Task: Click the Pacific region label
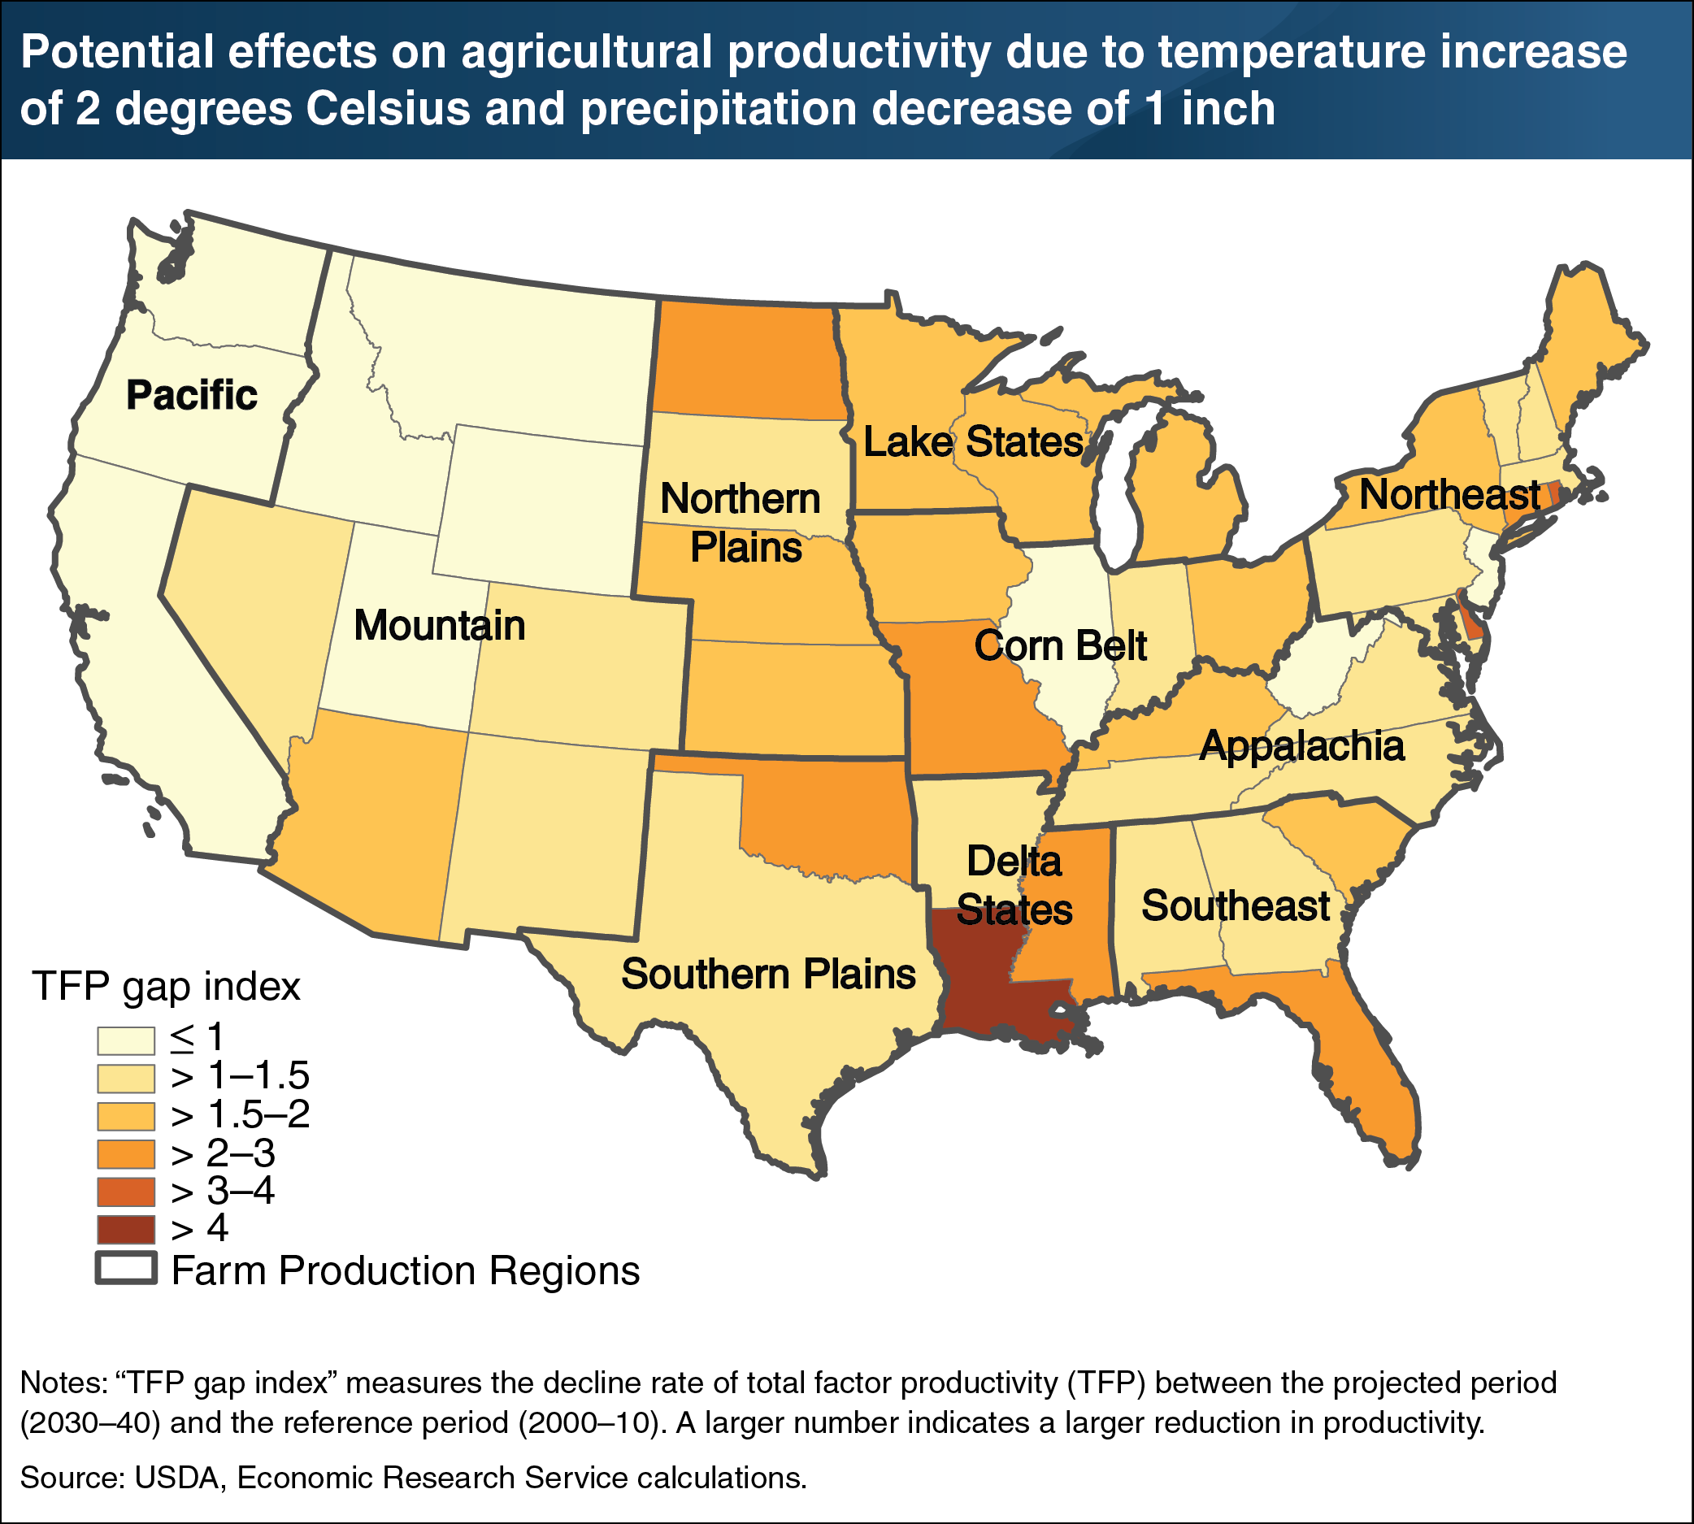click(x=192, y=395)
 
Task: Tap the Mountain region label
click(x=439, y=627)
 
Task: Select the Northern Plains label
click(x=742, y=523)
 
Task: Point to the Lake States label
click(x=973, y=442)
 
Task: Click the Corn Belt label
click(x=1060, y=645)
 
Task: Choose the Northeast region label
click(x=1449, y=494)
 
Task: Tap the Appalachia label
click(x=1301, y=746)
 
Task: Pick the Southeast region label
click(x=1235, y=906)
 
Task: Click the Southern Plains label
click(x=768, y=974)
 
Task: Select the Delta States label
click(x=1014, y=886)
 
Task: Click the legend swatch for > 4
click(x=126, y=1229)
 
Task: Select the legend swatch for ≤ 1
click(x=126, y=1040)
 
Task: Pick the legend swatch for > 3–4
click(x=126, y=1192)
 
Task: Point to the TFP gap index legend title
click(x=166, y=987)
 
